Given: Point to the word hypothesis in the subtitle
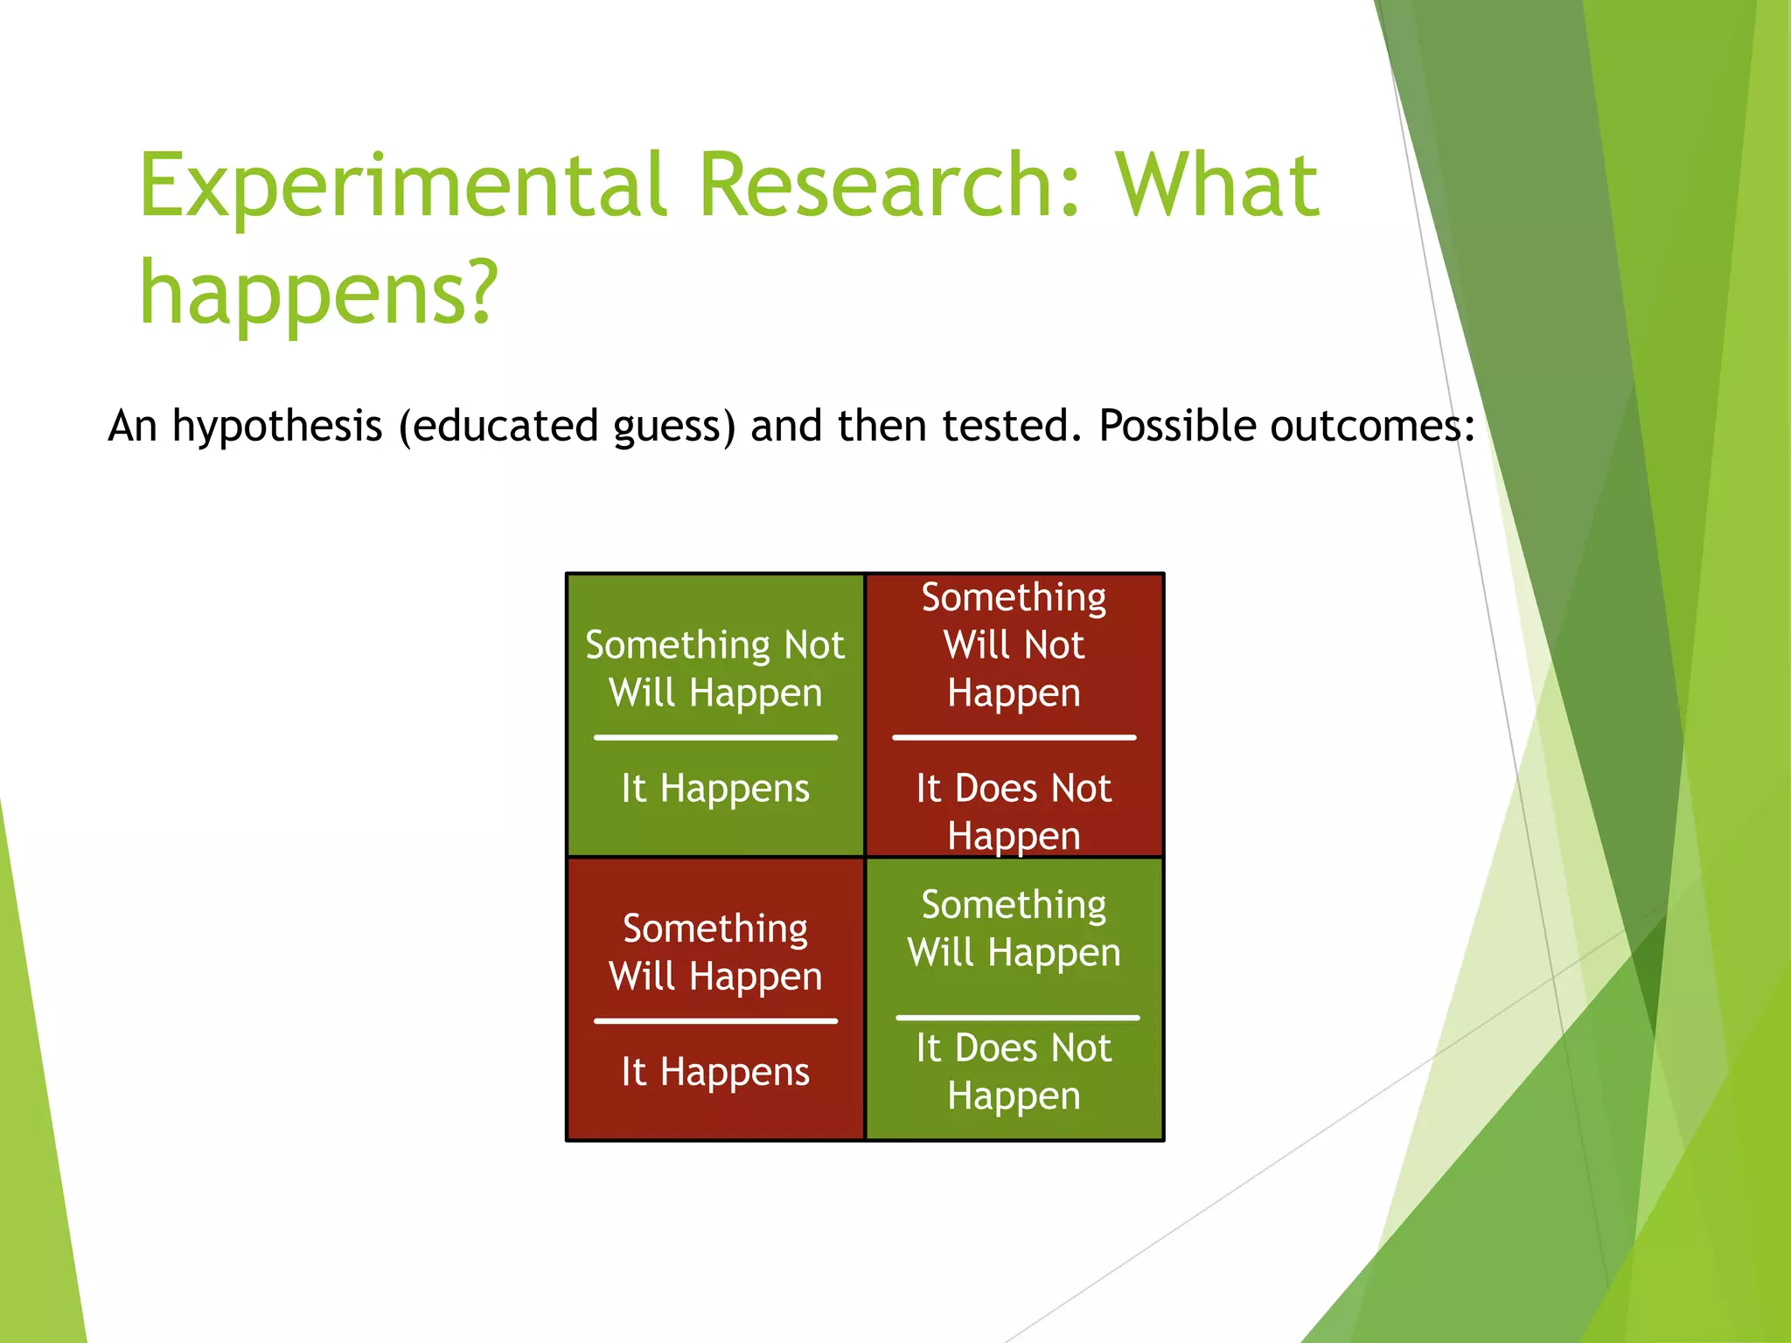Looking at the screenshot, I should [277, 427].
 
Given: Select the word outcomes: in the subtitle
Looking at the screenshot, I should [1372, 427].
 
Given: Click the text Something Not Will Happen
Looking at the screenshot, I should [715, 669].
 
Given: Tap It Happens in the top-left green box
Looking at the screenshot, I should [715, 789].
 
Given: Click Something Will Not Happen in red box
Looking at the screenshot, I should [1014, 645].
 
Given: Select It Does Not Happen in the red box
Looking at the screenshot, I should [1014, 811].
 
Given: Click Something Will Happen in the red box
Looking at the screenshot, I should [715, 952].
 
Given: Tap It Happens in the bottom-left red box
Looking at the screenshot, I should [715, 1072].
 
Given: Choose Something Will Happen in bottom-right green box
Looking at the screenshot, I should [1014, 929].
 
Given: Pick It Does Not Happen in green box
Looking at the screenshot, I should [1014, 1072].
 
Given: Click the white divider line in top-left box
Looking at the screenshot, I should [715, 737].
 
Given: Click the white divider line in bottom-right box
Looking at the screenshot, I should [1017, 1018].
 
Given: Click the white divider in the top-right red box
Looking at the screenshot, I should [1014, 737].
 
